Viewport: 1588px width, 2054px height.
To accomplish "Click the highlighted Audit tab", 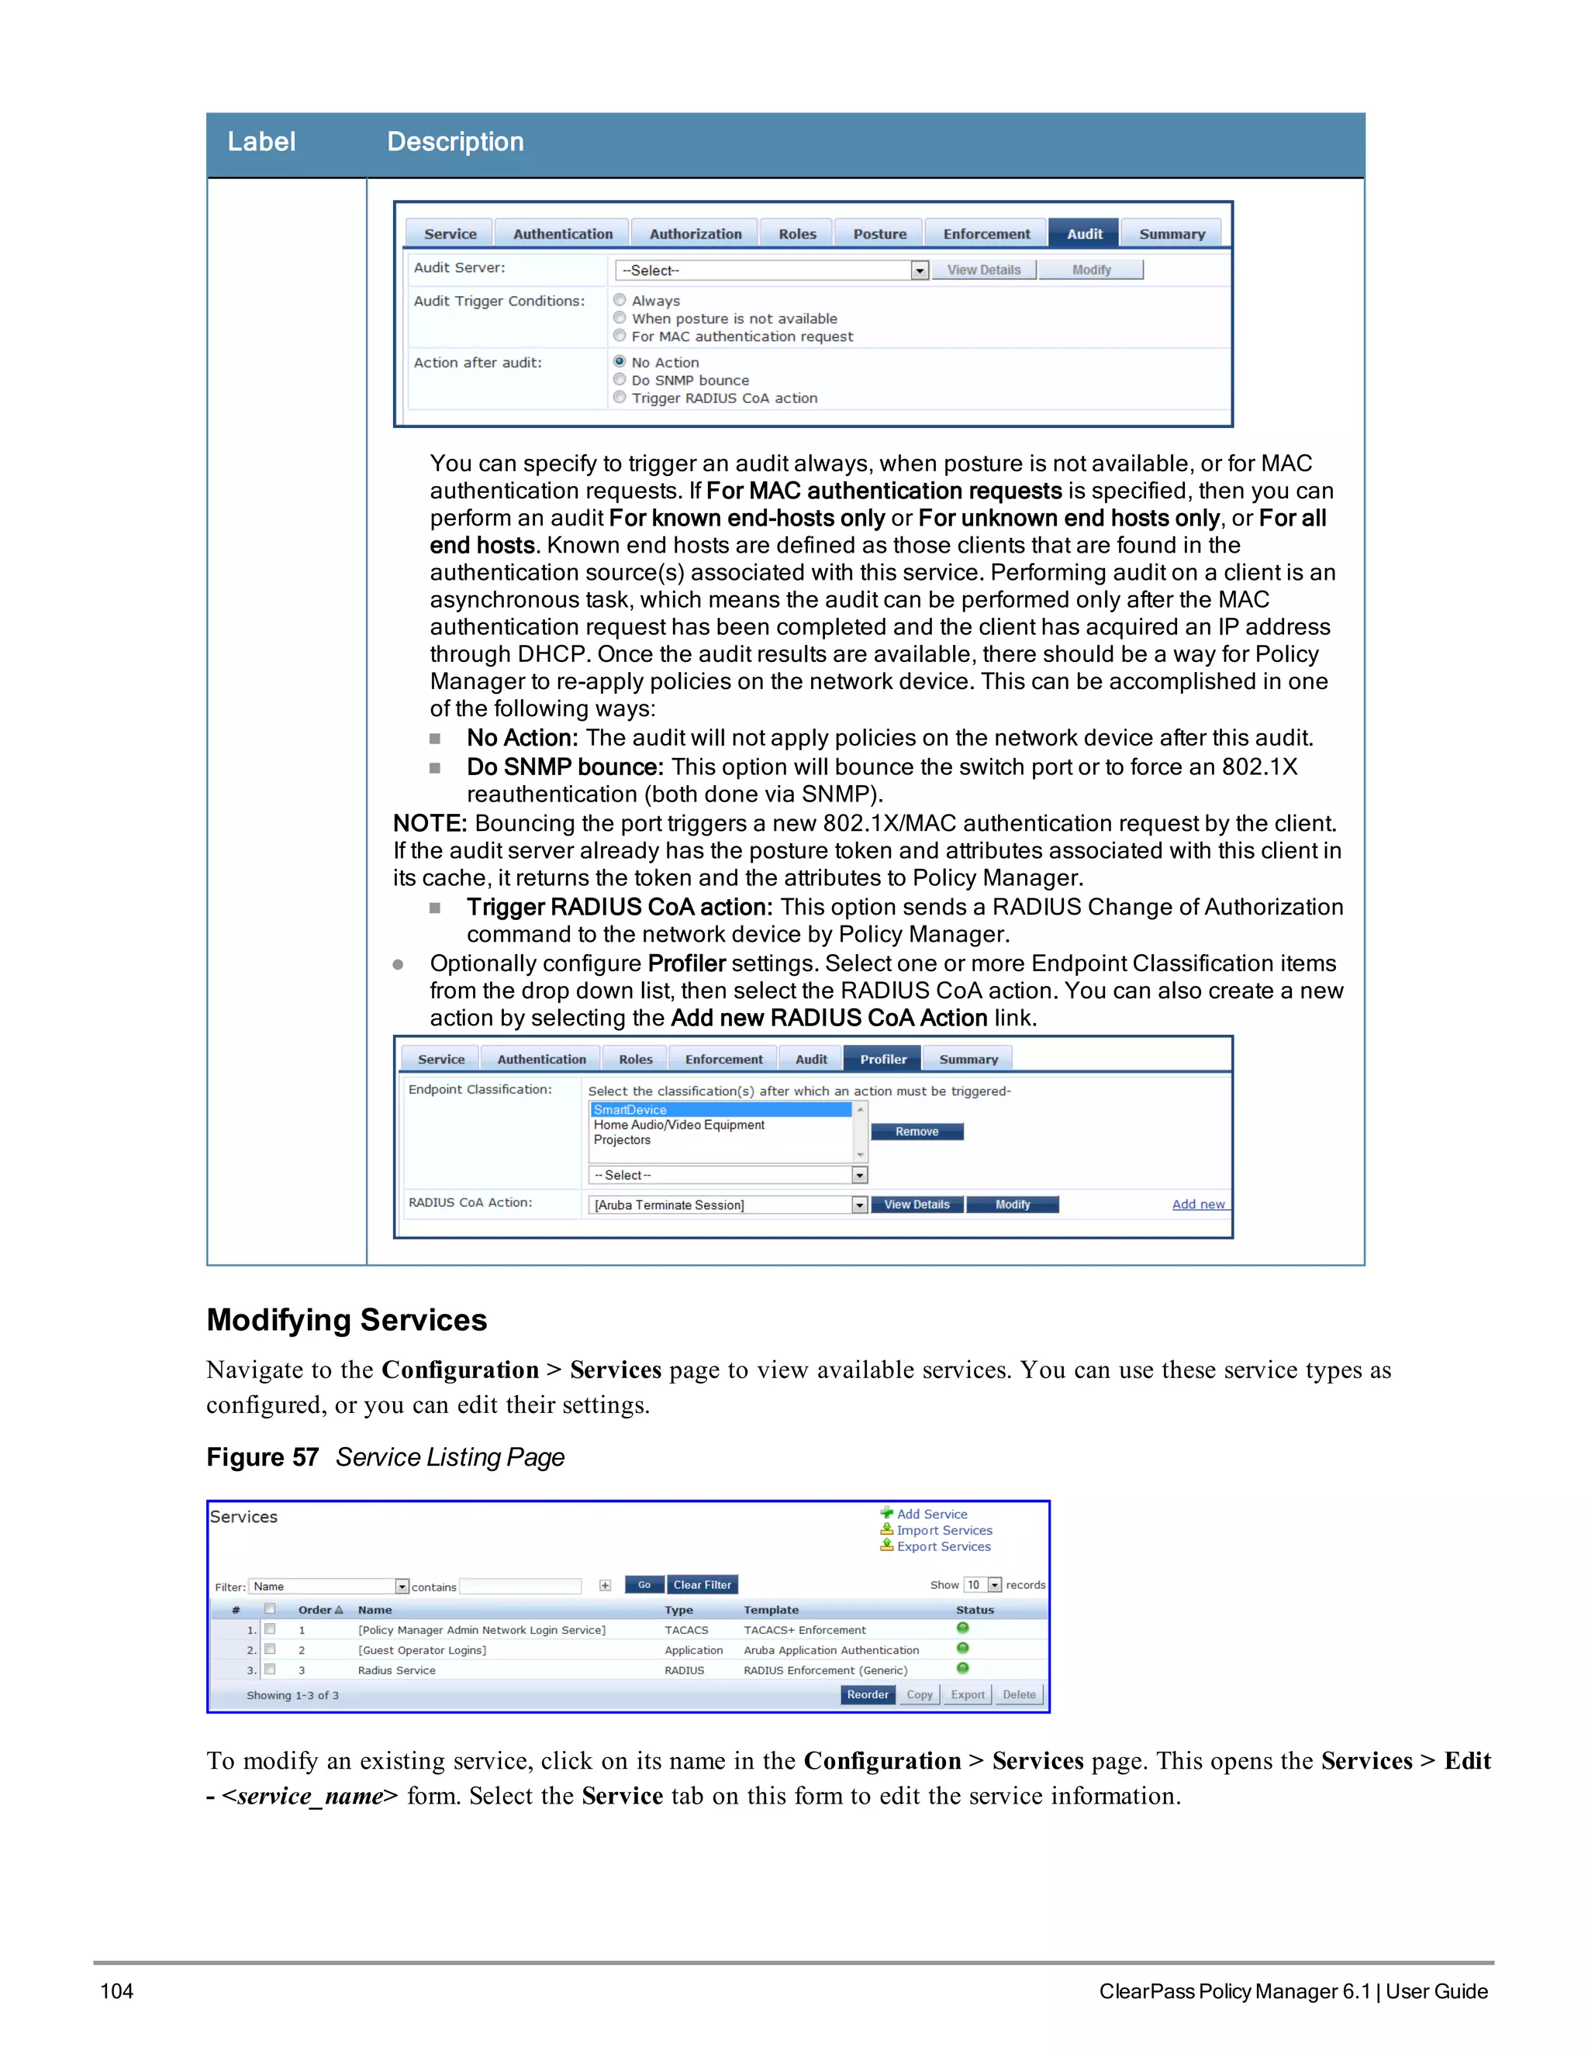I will click(1084, 233).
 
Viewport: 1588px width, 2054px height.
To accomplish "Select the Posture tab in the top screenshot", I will click(879, 233).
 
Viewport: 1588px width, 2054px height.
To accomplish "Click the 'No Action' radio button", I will click(619, 361).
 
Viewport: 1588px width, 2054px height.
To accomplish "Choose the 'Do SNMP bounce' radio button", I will click(619, 379).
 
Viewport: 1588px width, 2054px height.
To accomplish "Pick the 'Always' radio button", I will click(619, 300).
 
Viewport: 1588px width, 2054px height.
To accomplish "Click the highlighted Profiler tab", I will click(882, 1059).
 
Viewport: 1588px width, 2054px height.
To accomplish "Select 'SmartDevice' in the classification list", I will click(630, 1110).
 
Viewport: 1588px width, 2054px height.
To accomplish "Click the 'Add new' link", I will click(1197, 1204).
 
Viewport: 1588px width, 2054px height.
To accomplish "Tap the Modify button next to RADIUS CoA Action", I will click(1012, 1204).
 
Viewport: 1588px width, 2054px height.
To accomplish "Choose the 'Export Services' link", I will click(943, 1546).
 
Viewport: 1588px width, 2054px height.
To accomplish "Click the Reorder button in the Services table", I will click(866, 1694).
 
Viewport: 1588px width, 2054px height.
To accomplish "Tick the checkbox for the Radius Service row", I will click(270, 1670).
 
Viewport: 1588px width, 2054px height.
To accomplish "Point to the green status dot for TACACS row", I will click(962, 1628).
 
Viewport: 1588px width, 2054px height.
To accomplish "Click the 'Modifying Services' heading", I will click(346, 1319).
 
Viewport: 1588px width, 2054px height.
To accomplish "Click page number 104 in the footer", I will click(116, 1991).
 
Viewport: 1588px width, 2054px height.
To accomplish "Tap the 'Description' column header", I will click(455, 142).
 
